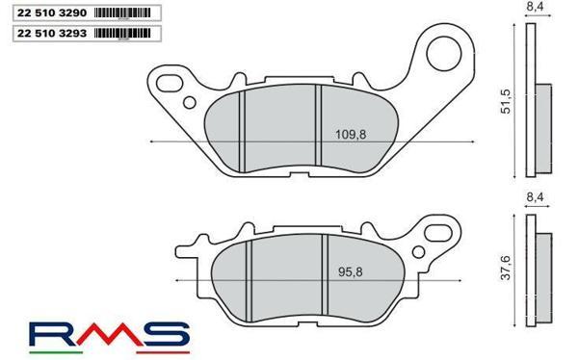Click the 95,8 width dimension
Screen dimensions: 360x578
coord(335,271)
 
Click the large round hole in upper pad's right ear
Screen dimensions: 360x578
coord(447,49)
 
